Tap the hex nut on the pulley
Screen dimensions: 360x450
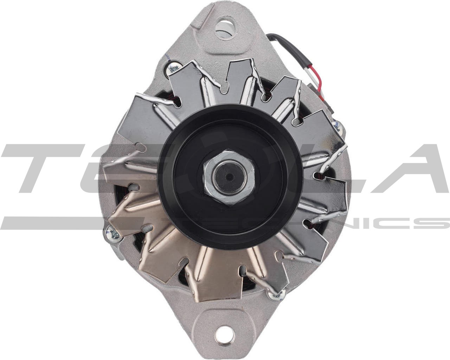click(x=229, y=178)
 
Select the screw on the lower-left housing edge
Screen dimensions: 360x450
click(x=114, y=232)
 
